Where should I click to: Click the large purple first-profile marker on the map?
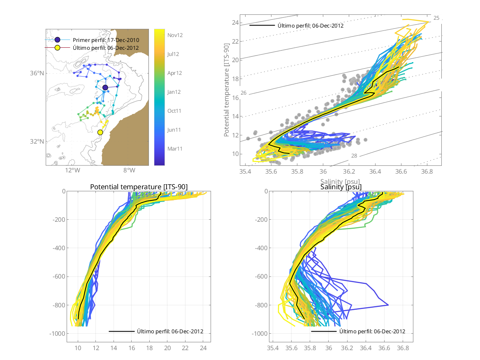[x=105, y=88]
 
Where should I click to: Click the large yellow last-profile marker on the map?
[x=100, y=132]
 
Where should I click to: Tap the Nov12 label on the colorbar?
[x=175, y=35]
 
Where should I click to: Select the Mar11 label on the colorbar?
[x=175, y=149]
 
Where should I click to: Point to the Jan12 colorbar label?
[x=175, y=92]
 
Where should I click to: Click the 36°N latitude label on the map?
[x=38, y=73]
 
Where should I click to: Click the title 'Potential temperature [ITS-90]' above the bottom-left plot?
[x=139, y=187]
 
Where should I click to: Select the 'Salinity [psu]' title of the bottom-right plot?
[x=341, y=187]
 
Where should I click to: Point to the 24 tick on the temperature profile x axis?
[x=203, y=348]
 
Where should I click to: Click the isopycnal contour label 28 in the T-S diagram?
[x=354, y=156]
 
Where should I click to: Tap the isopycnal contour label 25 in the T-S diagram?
[x=436, y=18]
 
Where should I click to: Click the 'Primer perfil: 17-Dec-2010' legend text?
[x=106, y=40]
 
